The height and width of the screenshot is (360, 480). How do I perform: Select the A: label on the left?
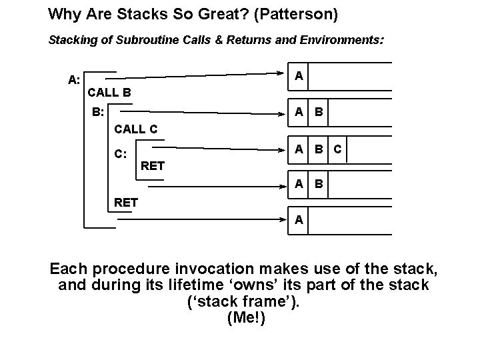(74, 80)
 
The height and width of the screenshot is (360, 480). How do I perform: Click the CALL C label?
(136, 129)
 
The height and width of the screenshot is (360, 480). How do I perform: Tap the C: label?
(121, 154)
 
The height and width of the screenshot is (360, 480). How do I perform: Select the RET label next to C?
(153, 165)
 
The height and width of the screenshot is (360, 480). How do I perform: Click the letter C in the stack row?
(337, 149)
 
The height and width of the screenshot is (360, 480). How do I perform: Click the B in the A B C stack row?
(319, 149)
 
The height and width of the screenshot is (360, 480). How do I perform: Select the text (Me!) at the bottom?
(246, 319)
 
